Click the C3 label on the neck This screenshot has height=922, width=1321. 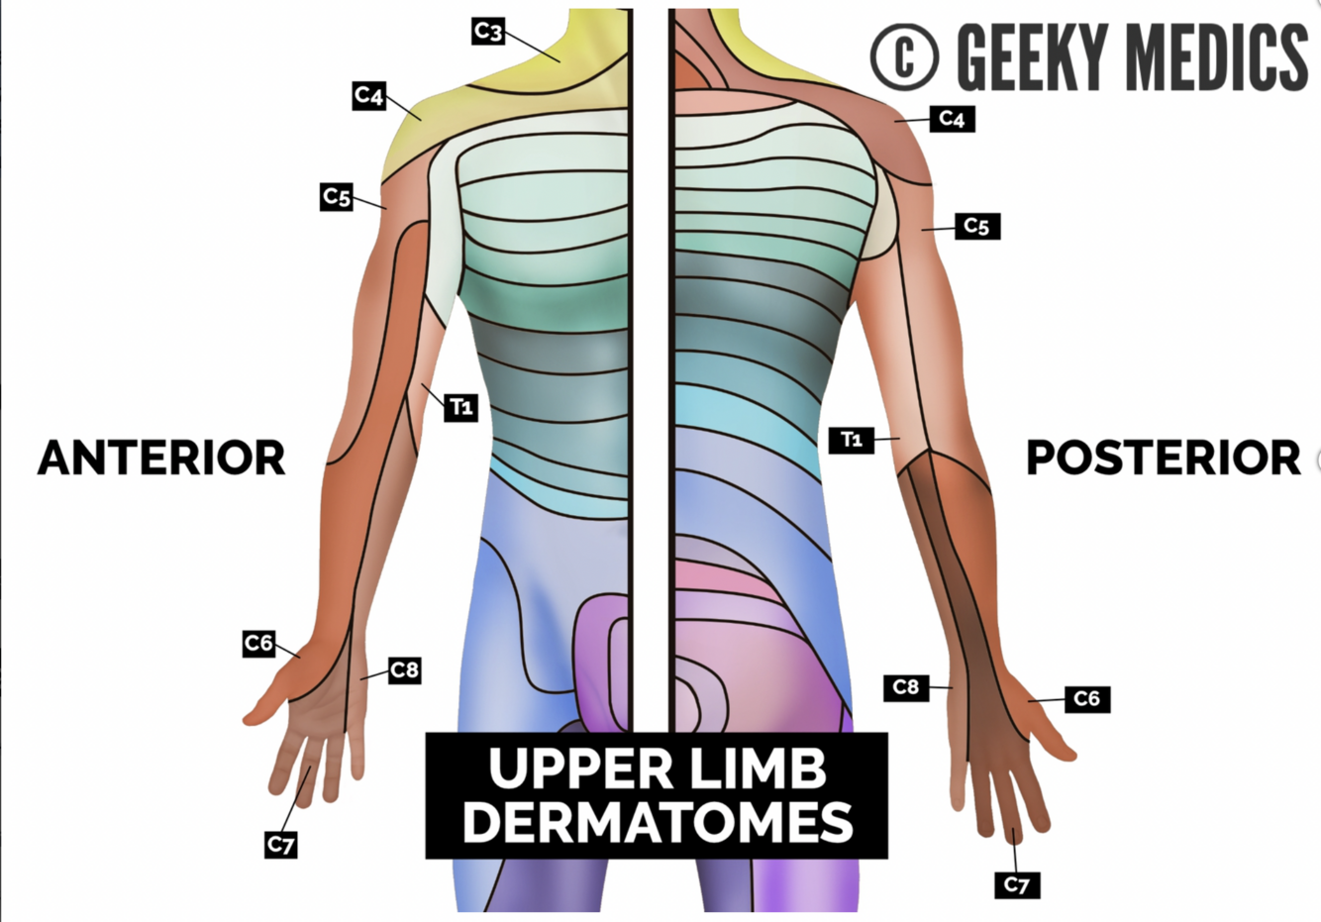487,32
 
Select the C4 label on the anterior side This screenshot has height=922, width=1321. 368,96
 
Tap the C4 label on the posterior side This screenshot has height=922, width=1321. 952,119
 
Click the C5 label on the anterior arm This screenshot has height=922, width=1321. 337,197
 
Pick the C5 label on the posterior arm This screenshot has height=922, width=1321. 976,227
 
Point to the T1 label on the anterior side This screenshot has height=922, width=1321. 460,407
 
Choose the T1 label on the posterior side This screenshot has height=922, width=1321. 852,439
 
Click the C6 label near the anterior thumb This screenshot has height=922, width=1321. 258,644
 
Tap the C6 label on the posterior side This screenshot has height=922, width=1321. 1086,699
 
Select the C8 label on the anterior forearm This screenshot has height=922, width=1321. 404,670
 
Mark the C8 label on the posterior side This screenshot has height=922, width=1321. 906,687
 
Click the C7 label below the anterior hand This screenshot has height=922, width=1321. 281,845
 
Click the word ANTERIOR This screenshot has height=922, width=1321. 161,458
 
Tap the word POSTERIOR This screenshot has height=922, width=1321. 1163,458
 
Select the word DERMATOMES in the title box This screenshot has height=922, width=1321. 658,822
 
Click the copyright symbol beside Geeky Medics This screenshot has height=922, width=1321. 903,57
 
